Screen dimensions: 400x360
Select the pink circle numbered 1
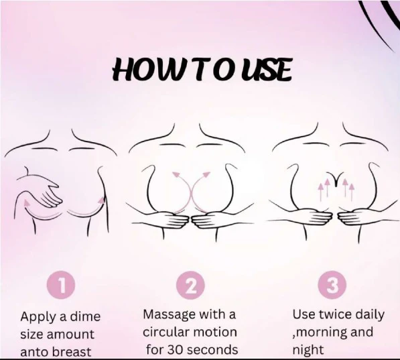point(61,285)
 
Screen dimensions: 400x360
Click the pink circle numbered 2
point(191,286)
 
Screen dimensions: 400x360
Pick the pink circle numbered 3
point(332,285)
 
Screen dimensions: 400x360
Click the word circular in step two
point(165,332)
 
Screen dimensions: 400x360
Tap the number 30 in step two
point(175,350)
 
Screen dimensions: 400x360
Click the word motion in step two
point(215,332)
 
